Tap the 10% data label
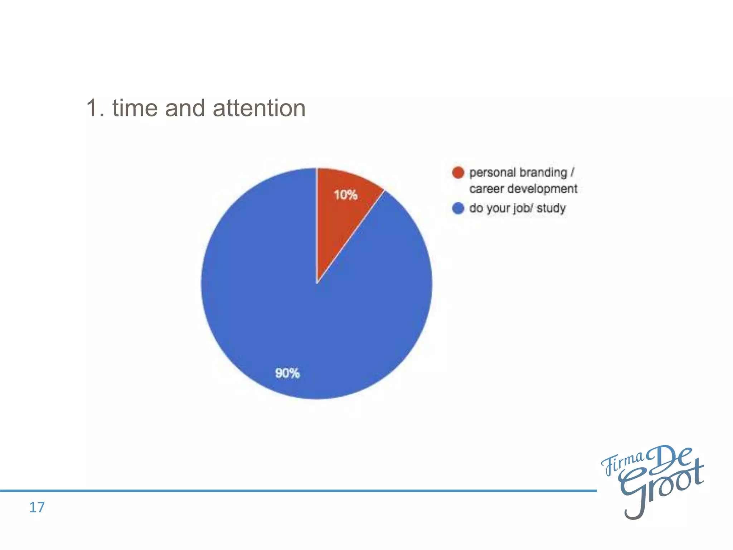[345, 195]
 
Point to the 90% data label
[287, 373]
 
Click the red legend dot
[458, 173]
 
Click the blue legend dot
[458, 208]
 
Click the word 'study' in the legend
[551, 208]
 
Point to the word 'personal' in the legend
[492, 173]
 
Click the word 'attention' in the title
[259, 108]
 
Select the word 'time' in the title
[135, 108]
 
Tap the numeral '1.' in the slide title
[96, 108]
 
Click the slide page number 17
[37, 507]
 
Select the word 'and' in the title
[185, 108]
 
